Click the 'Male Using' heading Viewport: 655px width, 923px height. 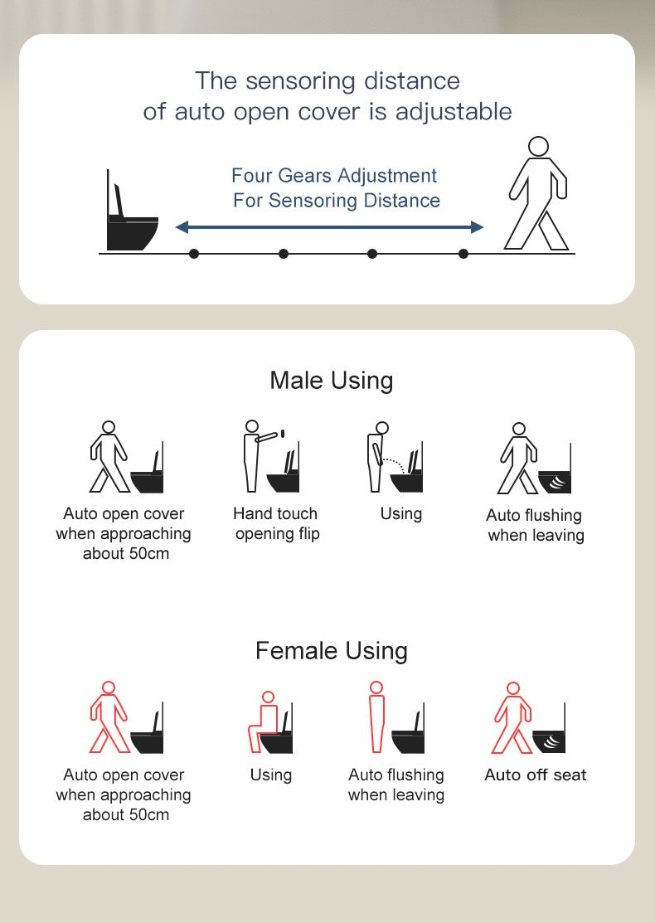(332, 381)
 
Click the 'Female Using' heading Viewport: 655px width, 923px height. (332, 651)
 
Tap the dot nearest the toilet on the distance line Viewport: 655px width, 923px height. (194, 254)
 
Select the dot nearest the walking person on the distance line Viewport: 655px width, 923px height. (463, 254)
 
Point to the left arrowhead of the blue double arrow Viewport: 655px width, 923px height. (182, 226)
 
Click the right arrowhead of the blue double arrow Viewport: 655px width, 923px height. (478, 226)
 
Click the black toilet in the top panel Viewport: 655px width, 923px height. (132, 218)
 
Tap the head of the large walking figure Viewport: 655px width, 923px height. (538, 146)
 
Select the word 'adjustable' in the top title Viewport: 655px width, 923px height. (454, 112)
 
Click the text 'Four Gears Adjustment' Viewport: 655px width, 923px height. (333, 176)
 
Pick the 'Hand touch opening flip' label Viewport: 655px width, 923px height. (276, 523)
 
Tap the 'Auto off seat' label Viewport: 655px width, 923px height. (535, 775)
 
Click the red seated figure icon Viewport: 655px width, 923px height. (263, 721)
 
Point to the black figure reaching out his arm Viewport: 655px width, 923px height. (258, 455)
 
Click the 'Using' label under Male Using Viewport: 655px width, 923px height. (400, 514)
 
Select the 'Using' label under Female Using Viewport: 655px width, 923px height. (271, 775)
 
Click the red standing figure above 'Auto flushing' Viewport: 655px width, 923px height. (376, 717)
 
